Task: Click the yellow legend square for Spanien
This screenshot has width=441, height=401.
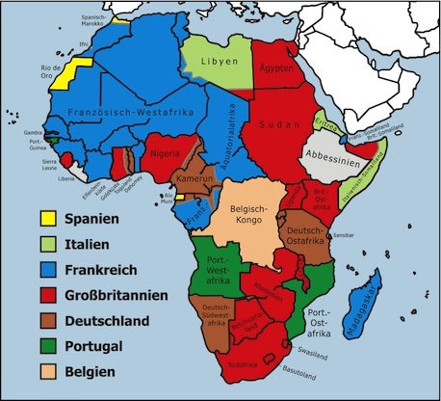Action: (x=44, y=219)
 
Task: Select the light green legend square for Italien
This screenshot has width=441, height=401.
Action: (x=44, y=244)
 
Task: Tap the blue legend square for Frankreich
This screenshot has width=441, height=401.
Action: (x=44, y=269)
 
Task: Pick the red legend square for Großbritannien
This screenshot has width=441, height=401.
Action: (x=44, y=295)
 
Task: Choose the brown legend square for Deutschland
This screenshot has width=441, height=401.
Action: (x=44, y=320)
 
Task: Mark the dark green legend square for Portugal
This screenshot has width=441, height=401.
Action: (x=44, y=345)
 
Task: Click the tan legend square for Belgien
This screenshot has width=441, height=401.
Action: (x=44, y=371)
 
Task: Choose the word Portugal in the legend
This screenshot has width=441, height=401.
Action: (x=95, y=346)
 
